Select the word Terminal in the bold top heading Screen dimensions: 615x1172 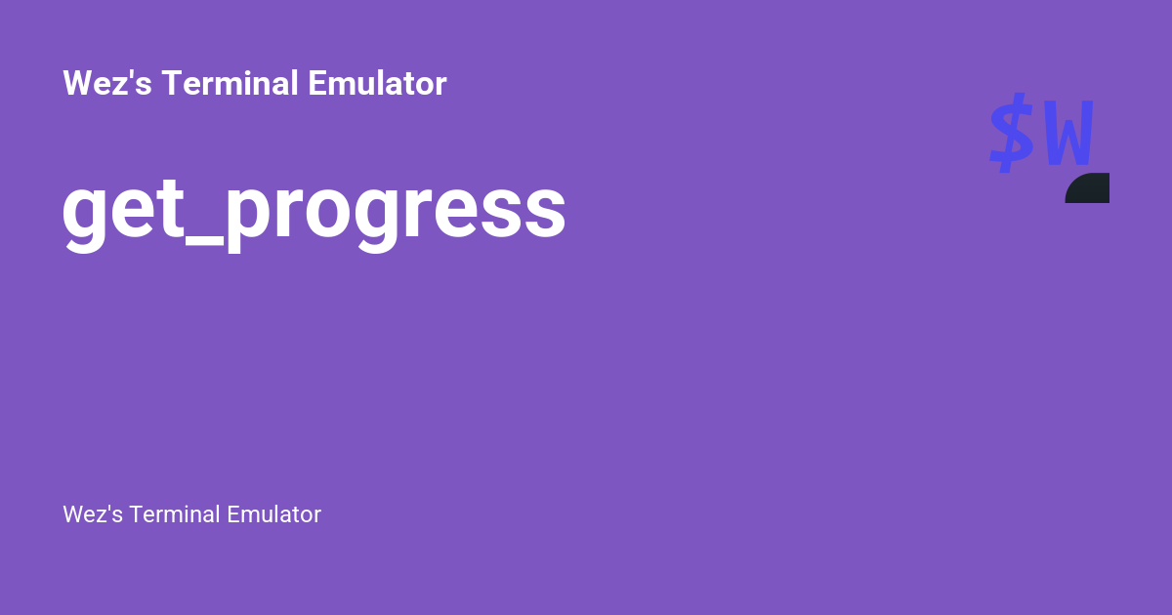pyautogui.click(x=230, y=84)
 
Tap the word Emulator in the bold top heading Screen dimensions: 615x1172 pyautogui.click(x=377, y=84)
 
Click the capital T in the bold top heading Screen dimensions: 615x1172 pyautogui.click(x=171, y=84)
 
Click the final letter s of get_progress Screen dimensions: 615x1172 pyautogui.click(x=544, y=212)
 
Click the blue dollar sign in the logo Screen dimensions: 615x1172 pyautogui.click(x=1011, y=133)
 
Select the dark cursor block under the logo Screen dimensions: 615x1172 pyautogui.click(x=1089, y=188)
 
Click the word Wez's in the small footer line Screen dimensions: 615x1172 pyautogui.click(x=92, y=514)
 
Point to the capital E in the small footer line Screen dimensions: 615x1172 pyautogui.click(x=233, y=514)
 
